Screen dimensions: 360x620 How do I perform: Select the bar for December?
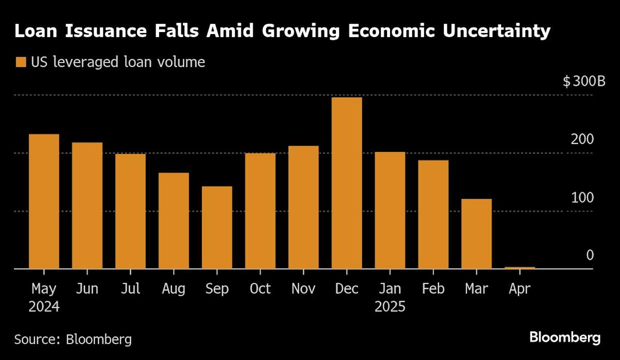(x=347, y=183)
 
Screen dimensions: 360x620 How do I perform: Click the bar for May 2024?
(x=44, y=201)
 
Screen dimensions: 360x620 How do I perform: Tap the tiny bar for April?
(x=520, y=268)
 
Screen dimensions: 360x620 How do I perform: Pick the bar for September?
(x=217, y=227)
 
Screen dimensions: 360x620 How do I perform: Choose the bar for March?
(x=476, y=233)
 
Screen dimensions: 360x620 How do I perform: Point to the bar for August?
(x=174, y=221)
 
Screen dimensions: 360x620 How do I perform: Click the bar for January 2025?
(x=390, y=210)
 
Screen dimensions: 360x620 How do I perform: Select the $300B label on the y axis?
(x=584, y=82)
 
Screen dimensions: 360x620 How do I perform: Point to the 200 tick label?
(x=583, y=139)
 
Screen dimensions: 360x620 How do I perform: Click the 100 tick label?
(x=583, y=198)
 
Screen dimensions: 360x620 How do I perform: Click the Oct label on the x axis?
(x=260, y=289)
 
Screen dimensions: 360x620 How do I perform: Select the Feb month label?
(x=433, y=289)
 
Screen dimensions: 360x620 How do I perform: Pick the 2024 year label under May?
(x=44, y=307)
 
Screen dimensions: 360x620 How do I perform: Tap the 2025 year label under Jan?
(x=390, y=307)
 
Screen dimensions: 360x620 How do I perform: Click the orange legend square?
(x=21, y=62)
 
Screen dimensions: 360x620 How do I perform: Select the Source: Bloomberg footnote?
(x=73, y=339)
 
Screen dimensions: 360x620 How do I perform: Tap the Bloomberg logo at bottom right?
(x=565, y=338)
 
